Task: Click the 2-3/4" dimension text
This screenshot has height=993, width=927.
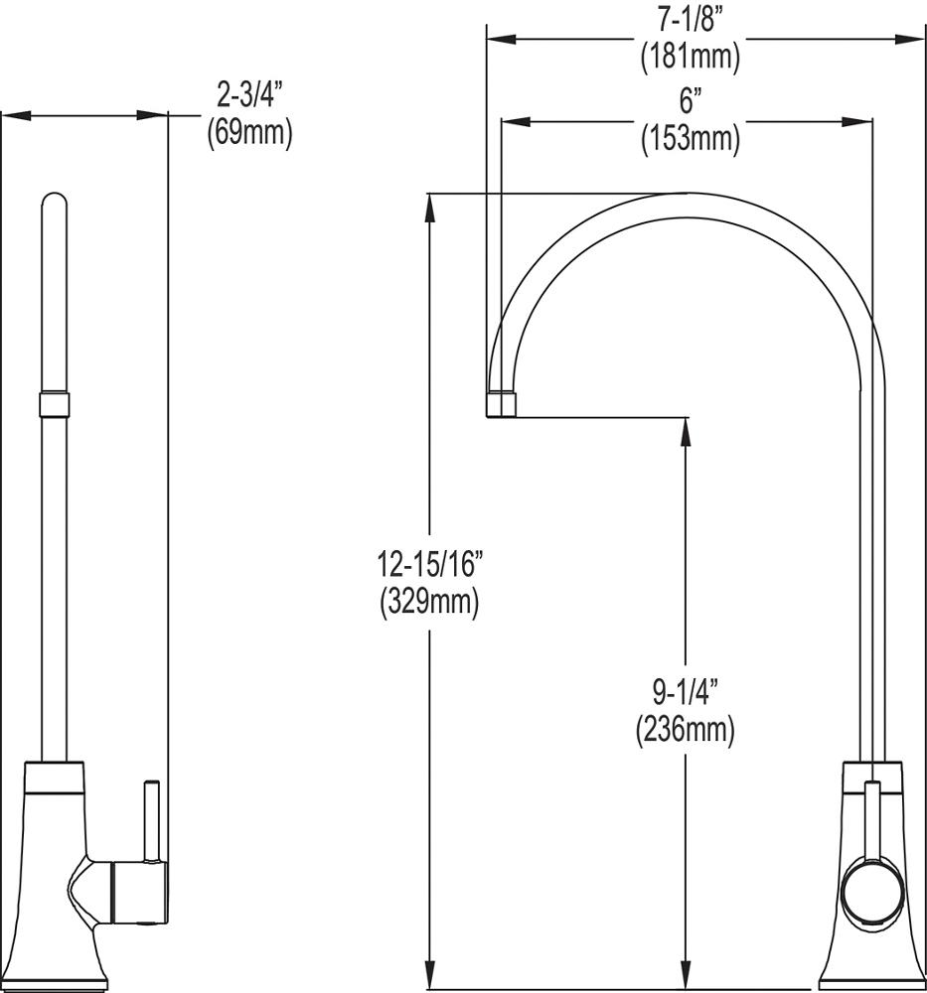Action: point(249,96)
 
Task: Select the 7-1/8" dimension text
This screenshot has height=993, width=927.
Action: point(690,21)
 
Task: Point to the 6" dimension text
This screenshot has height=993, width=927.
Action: point(690,102)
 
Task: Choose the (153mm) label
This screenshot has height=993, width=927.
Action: point(690,138)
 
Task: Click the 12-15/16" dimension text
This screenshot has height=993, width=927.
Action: point(429,565)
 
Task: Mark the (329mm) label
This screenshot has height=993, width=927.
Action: point(429,602)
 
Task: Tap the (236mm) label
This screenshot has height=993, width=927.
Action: point(685,730)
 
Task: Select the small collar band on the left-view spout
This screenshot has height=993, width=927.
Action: point(55,404)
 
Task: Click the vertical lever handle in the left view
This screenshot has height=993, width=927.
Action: point(153,820)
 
